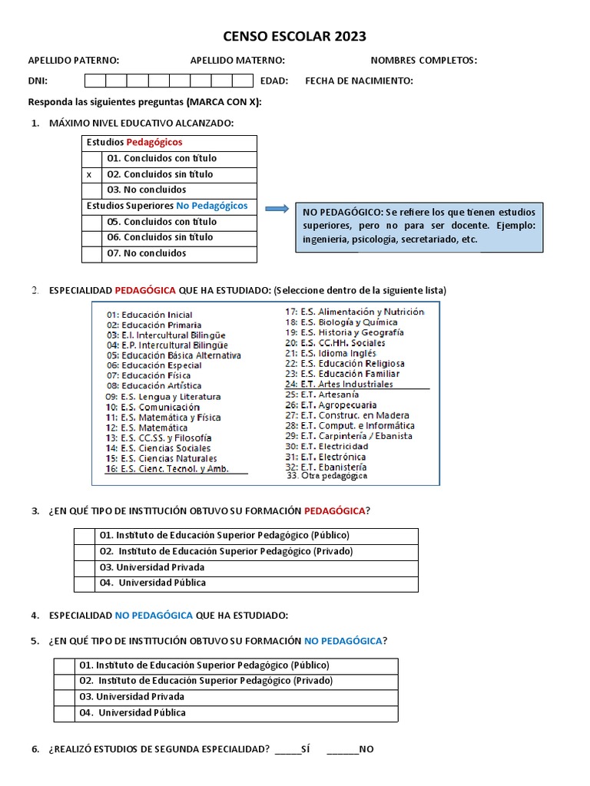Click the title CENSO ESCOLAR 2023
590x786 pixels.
(294, 36)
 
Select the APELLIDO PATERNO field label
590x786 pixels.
(74, 61)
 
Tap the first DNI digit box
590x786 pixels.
(94, 81)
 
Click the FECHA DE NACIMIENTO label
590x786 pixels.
(359, 81)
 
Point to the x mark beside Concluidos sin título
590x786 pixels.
(89, 175)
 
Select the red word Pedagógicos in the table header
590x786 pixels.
(154, 143)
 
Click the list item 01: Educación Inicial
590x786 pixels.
(150, 315)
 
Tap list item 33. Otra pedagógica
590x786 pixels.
(326, 476)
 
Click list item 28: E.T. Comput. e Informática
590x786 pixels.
(350, 425)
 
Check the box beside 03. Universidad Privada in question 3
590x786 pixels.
(84, 568)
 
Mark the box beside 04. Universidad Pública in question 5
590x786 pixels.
(64, 713)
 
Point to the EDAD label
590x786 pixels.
(274, 81)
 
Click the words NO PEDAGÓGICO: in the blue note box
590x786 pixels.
(343, 212)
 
